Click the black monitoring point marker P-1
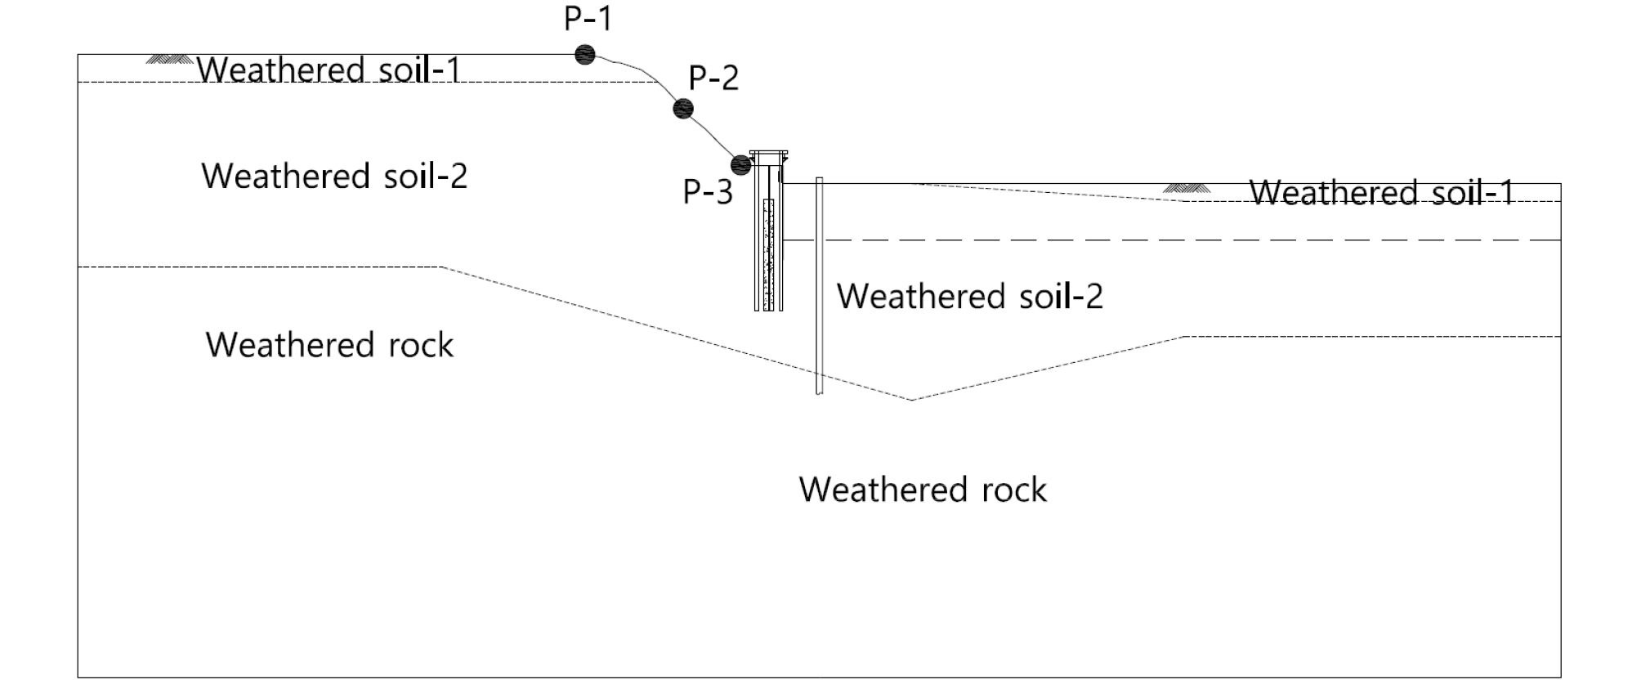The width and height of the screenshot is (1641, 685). click(584, 55)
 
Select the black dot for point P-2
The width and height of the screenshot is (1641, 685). click(683, 108)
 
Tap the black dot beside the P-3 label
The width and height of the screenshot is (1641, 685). click(740, 164)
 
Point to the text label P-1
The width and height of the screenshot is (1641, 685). click(588, 18)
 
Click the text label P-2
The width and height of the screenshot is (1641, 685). click(713, 78)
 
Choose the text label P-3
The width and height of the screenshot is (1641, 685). click(708, 192)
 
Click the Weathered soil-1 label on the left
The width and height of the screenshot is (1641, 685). click(329, 69)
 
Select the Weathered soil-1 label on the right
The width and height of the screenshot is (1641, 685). click(1382, 193)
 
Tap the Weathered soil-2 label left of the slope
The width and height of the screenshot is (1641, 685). click(334, 176)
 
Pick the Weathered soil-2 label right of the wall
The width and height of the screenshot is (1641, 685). click(969, 296)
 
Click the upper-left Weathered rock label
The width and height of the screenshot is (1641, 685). click(329, 345)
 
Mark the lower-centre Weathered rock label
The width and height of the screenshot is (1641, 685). click(923, 490)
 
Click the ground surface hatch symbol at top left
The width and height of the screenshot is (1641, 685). click(169, 59)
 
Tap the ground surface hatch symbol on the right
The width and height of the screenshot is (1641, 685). click(1186, 188)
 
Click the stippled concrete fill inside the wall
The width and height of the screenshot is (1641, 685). click(768, 253)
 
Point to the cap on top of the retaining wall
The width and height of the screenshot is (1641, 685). click(768, 154)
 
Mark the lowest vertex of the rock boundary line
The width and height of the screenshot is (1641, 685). click(912, 400)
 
